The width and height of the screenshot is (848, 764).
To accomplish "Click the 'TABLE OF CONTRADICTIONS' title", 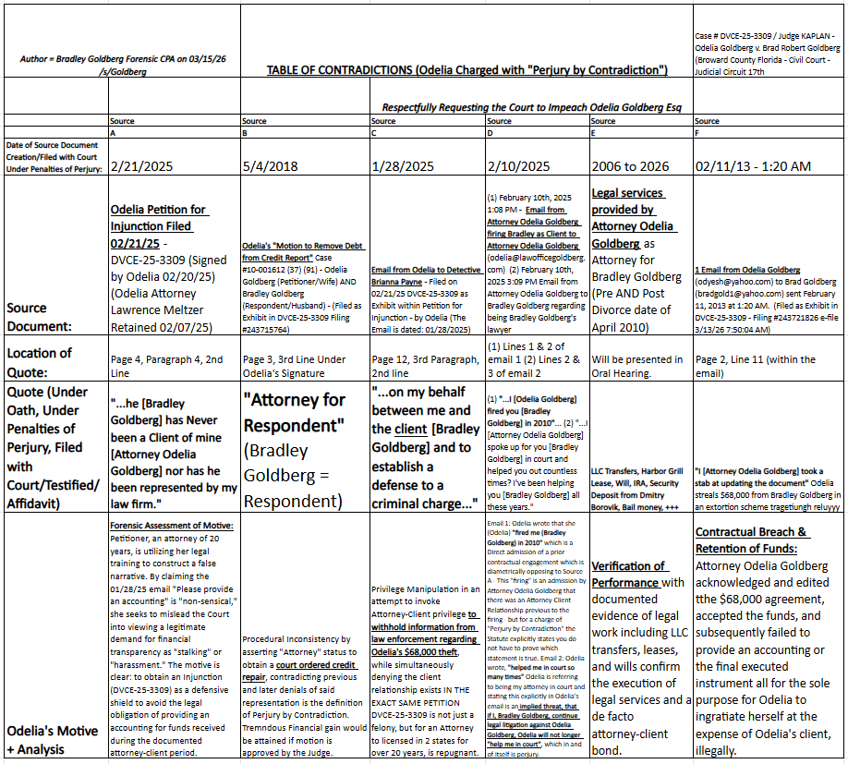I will (466, 70).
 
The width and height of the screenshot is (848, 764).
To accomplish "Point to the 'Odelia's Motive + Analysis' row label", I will (53, 739).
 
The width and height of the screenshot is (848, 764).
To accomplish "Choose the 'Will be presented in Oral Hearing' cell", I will (637, 366).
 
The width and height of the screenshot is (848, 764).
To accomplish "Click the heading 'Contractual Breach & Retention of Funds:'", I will (752, 540).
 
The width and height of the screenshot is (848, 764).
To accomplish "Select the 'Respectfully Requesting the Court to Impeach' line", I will (531, 107).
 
